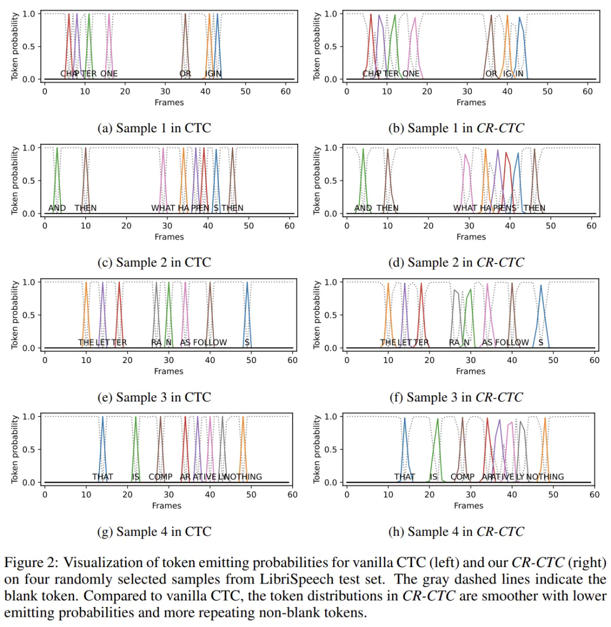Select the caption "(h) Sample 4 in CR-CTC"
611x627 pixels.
tap(456, 531)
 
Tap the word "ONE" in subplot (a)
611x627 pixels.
tap(109, 73)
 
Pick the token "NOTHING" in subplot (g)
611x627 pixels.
tap(243, 477)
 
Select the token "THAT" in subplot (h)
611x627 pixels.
tap(405, 477)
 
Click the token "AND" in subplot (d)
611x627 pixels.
tap(363, 208)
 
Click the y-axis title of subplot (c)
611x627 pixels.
tap(15, 180)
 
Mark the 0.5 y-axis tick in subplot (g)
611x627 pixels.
tap(30, 449)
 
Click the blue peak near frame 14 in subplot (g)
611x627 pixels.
tap(102, 418)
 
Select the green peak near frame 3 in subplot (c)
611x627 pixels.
tap(57, 149)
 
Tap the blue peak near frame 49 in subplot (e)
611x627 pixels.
tap(247, 284)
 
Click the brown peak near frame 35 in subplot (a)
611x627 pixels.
tap(185, 15)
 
